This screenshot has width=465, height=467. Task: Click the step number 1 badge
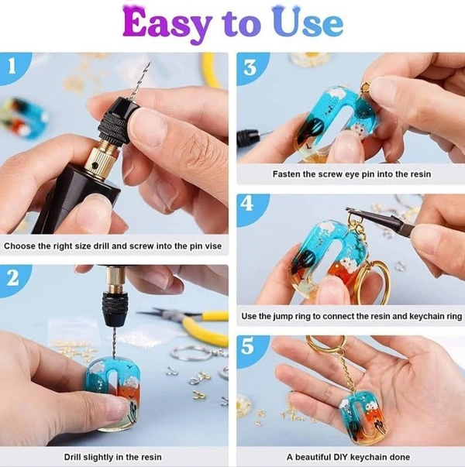pos(13,67)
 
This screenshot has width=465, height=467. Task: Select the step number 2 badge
pos(13,280)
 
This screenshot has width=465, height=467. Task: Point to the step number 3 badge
pos(250,67)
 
